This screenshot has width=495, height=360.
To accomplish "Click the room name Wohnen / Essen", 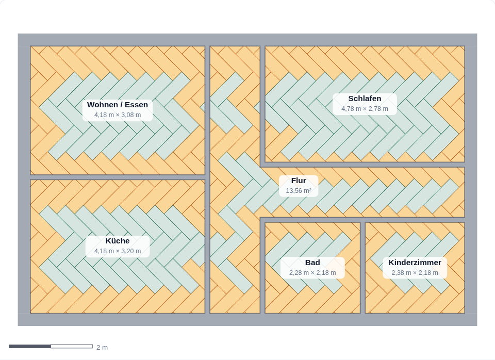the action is pos(118,105).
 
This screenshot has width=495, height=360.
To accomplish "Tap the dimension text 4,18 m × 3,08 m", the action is pos(118,115).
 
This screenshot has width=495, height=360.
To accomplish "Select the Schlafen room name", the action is pos(365,99).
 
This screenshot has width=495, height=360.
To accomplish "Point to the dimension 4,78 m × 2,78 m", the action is pos(365,109).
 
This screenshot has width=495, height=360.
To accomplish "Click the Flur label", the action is pos(299,181).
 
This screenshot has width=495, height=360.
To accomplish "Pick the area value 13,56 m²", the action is pos(299,191).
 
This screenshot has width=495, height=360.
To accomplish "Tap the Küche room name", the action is pos(118,241).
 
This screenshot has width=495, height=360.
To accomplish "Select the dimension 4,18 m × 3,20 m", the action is pos(118,251).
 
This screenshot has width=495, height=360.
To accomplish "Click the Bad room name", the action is pos(312,263).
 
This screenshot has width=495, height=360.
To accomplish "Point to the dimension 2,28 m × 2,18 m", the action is pos(312,272).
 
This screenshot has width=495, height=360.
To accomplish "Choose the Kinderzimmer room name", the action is pos(415,263).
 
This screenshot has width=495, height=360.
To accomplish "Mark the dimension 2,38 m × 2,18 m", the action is pos(415,272).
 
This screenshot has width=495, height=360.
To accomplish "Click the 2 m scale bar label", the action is pos(102,348).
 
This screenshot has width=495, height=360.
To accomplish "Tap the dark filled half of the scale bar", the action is pos(30,347).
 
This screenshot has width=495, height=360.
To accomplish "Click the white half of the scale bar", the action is pos(72,347).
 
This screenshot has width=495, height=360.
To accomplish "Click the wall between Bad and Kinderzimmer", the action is pos(362,268).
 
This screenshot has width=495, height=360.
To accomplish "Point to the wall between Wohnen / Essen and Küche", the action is pos(118,177).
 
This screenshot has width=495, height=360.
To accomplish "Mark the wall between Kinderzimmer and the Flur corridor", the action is pos(415,220).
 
